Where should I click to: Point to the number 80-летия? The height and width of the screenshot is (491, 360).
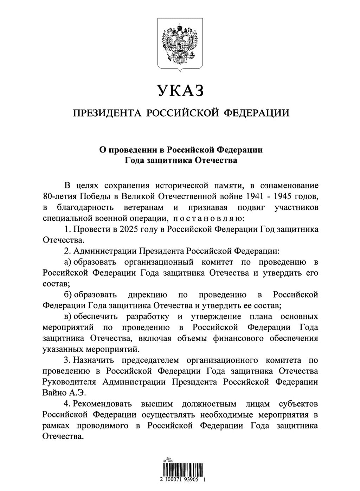click(57, 196)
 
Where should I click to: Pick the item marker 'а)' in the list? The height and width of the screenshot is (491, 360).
click(68, 262)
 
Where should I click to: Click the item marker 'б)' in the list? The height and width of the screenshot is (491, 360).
click(68, 295)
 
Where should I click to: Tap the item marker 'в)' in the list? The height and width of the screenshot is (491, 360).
click(68, 316)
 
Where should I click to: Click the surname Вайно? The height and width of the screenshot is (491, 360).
click(53, 393)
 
